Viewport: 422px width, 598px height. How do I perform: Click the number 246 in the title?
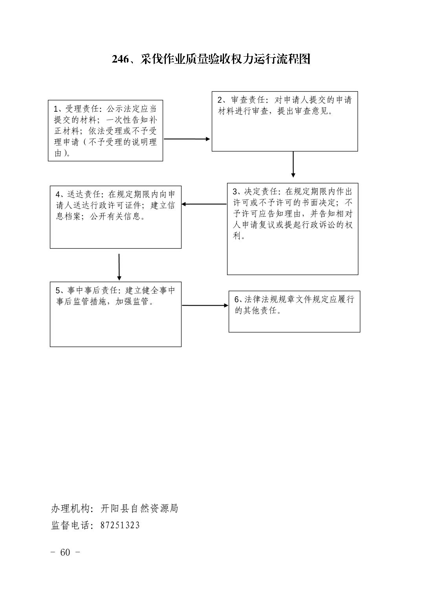click(120, 59)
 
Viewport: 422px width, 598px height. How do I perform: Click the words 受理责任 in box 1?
click(82, 109)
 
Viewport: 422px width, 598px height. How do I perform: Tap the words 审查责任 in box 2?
click(248, 100)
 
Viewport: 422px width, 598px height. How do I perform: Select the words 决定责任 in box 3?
click(261, 192)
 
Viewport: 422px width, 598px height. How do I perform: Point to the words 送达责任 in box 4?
click(84, 194)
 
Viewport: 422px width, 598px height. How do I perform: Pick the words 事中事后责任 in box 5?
click(92, 290)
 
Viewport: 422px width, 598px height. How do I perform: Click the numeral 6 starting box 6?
click(237, 299)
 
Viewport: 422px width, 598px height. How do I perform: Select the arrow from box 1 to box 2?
click(187, 139)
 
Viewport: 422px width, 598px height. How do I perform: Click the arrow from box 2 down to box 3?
click(293, 164)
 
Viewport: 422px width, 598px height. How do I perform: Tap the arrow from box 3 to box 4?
click(204, 204)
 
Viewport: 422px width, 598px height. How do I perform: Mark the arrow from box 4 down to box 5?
click(119, 267)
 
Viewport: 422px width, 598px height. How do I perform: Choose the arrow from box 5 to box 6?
click(205, 305)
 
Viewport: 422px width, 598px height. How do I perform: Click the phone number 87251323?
click(120, 525)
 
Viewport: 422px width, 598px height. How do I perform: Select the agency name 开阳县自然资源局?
click(139, 509)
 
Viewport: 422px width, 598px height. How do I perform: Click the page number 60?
click(65, 552)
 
